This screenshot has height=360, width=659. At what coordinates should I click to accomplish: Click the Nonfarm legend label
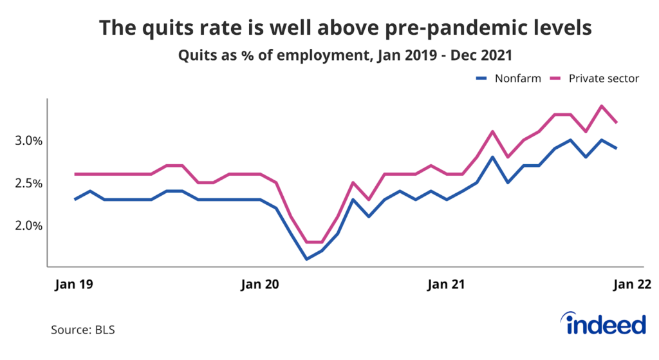[x=516, y=79]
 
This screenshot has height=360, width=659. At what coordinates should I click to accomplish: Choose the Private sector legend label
[x=604, y=79]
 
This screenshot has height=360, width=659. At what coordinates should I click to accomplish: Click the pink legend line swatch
[x=557, y=79]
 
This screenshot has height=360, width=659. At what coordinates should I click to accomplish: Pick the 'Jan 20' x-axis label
[x=261, y=284]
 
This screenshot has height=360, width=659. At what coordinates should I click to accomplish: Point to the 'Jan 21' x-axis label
[x=446, y=284]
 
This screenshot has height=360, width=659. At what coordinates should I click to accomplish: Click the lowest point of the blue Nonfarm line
[x=307, y=259]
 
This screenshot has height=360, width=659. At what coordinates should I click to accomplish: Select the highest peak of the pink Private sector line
[x=601, y=106]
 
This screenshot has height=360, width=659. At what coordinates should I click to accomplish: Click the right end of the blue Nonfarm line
[x=617, y=148]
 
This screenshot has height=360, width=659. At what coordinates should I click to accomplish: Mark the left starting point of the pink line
[x=76, y=174]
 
